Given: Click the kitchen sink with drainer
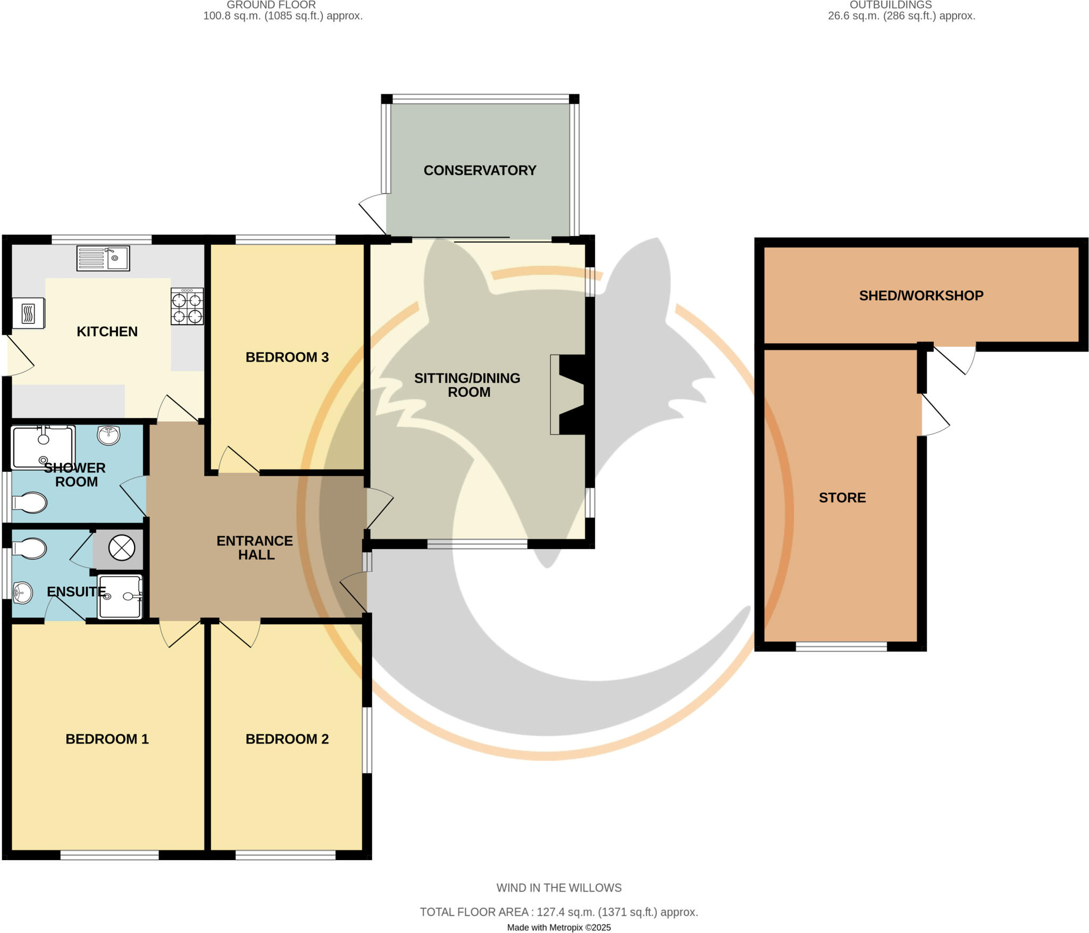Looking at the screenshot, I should tap(103, 258).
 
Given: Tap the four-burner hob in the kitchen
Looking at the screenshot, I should tap(187, 306).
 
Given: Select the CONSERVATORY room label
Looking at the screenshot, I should tap(480, 170).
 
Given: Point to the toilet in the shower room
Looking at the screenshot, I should tap(30, 502).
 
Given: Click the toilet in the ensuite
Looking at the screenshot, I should tap(30, 548).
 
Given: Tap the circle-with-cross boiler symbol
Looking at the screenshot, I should tap(122, 547).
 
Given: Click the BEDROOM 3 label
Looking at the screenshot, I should tap(287, 357).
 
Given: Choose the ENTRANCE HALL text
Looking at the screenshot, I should tap(255, 548).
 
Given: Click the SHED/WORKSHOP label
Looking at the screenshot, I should tap(921, 296).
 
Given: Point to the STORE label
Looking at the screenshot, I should tap(842, 497).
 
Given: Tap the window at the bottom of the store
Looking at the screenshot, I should tap(841, 646).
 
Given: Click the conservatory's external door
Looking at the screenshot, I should tap(372, 215).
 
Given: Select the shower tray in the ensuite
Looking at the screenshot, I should tap(120, 596).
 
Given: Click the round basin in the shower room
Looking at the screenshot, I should tap(108, 435).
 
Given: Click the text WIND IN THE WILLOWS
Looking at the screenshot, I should tap(559, 888).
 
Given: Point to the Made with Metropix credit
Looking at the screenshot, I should tap(559, 927).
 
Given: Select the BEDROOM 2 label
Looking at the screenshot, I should tap(287, 739).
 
